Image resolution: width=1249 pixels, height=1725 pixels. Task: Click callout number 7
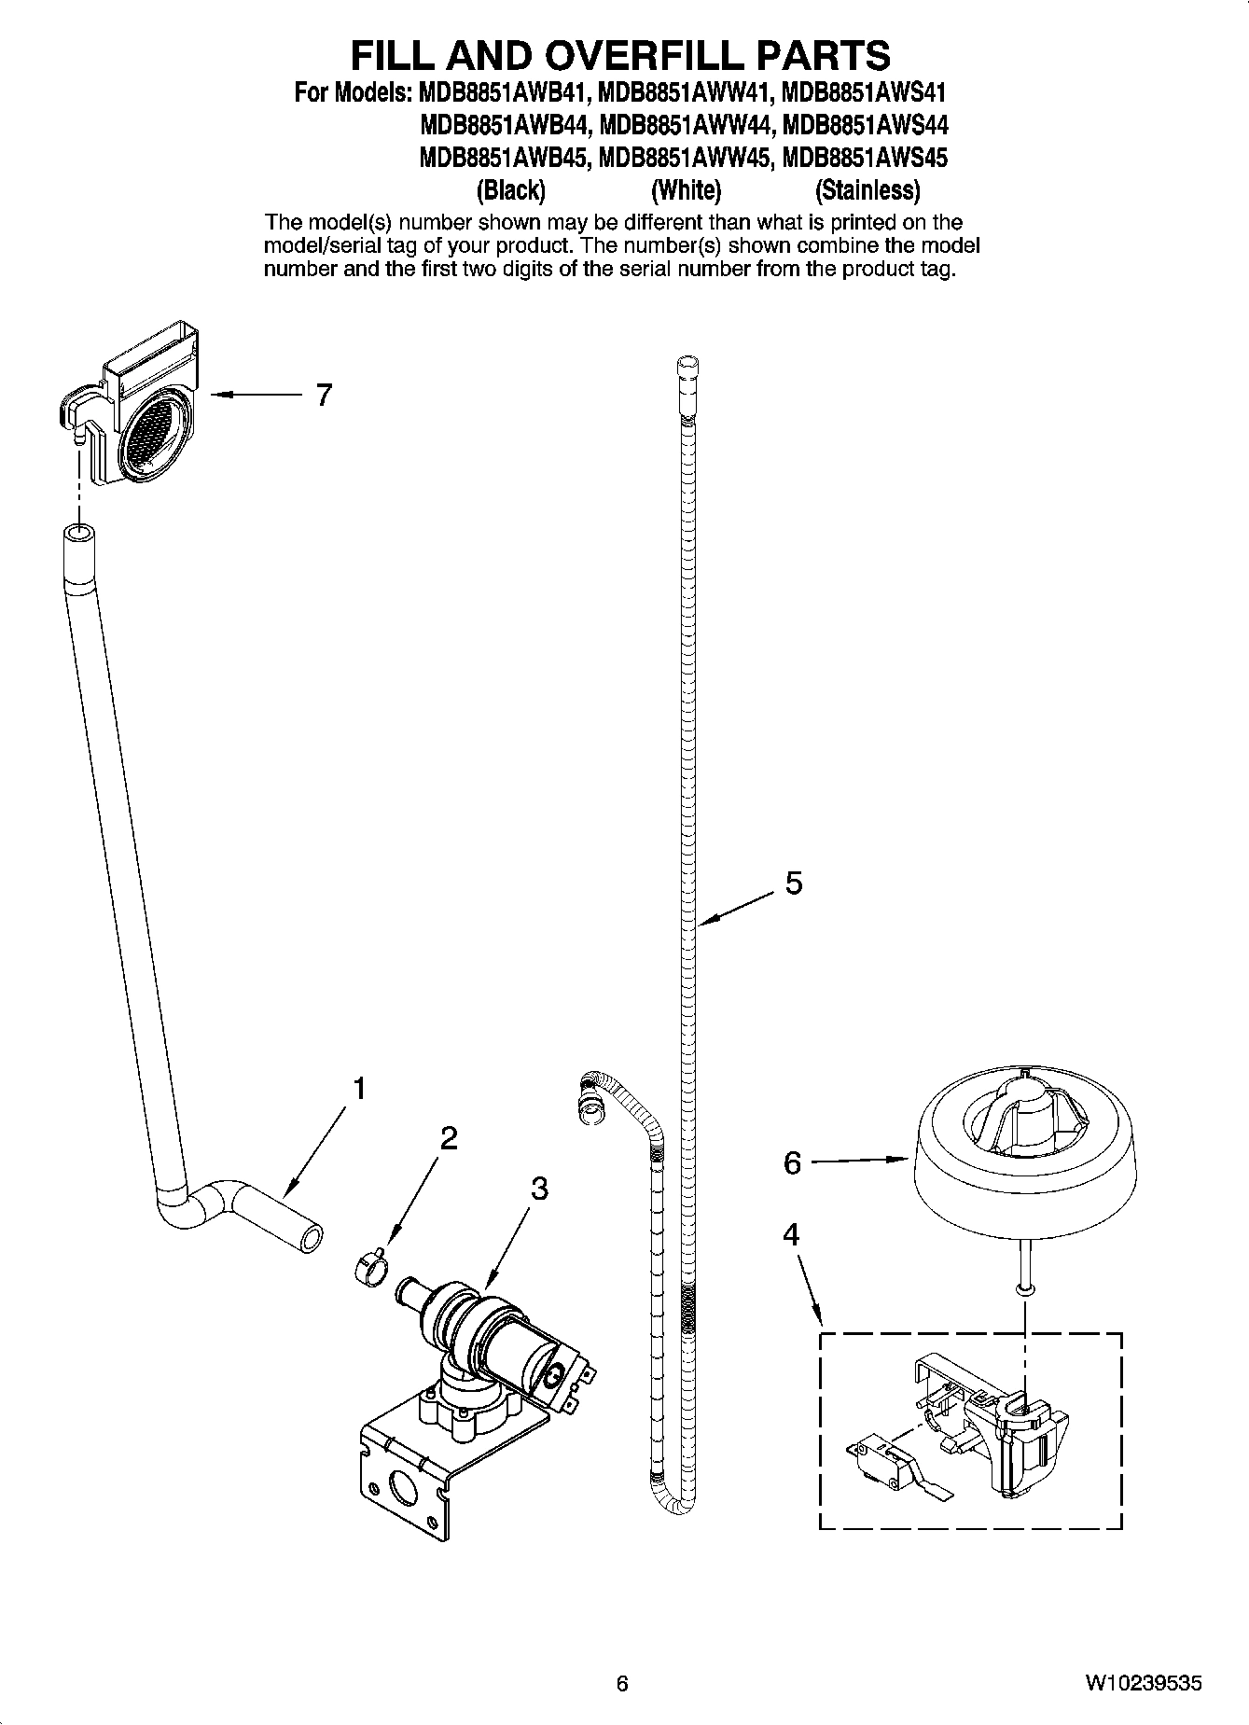[324, 396]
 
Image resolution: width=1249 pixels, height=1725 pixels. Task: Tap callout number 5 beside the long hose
[793, 883]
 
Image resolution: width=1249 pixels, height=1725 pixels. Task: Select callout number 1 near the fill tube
[358, 1088]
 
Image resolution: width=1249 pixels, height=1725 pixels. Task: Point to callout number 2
[449, 1137]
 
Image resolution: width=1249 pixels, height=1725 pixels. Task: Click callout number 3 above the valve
[538, 1189]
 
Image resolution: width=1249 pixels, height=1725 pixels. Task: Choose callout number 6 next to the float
[792, 1163]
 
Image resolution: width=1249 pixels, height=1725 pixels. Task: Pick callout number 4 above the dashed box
[791, 1235]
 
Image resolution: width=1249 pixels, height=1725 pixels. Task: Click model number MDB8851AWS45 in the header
[864, 158]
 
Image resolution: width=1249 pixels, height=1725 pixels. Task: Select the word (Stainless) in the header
[867, 191]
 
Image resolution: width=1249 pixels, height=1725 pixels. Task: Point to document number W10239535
[1143, 1683]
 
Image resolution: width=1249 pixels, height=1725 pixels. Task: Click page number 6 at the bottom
[622, 1683]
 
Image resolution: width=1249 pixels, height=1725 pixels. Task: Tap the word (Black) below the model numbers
[510, 191]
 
